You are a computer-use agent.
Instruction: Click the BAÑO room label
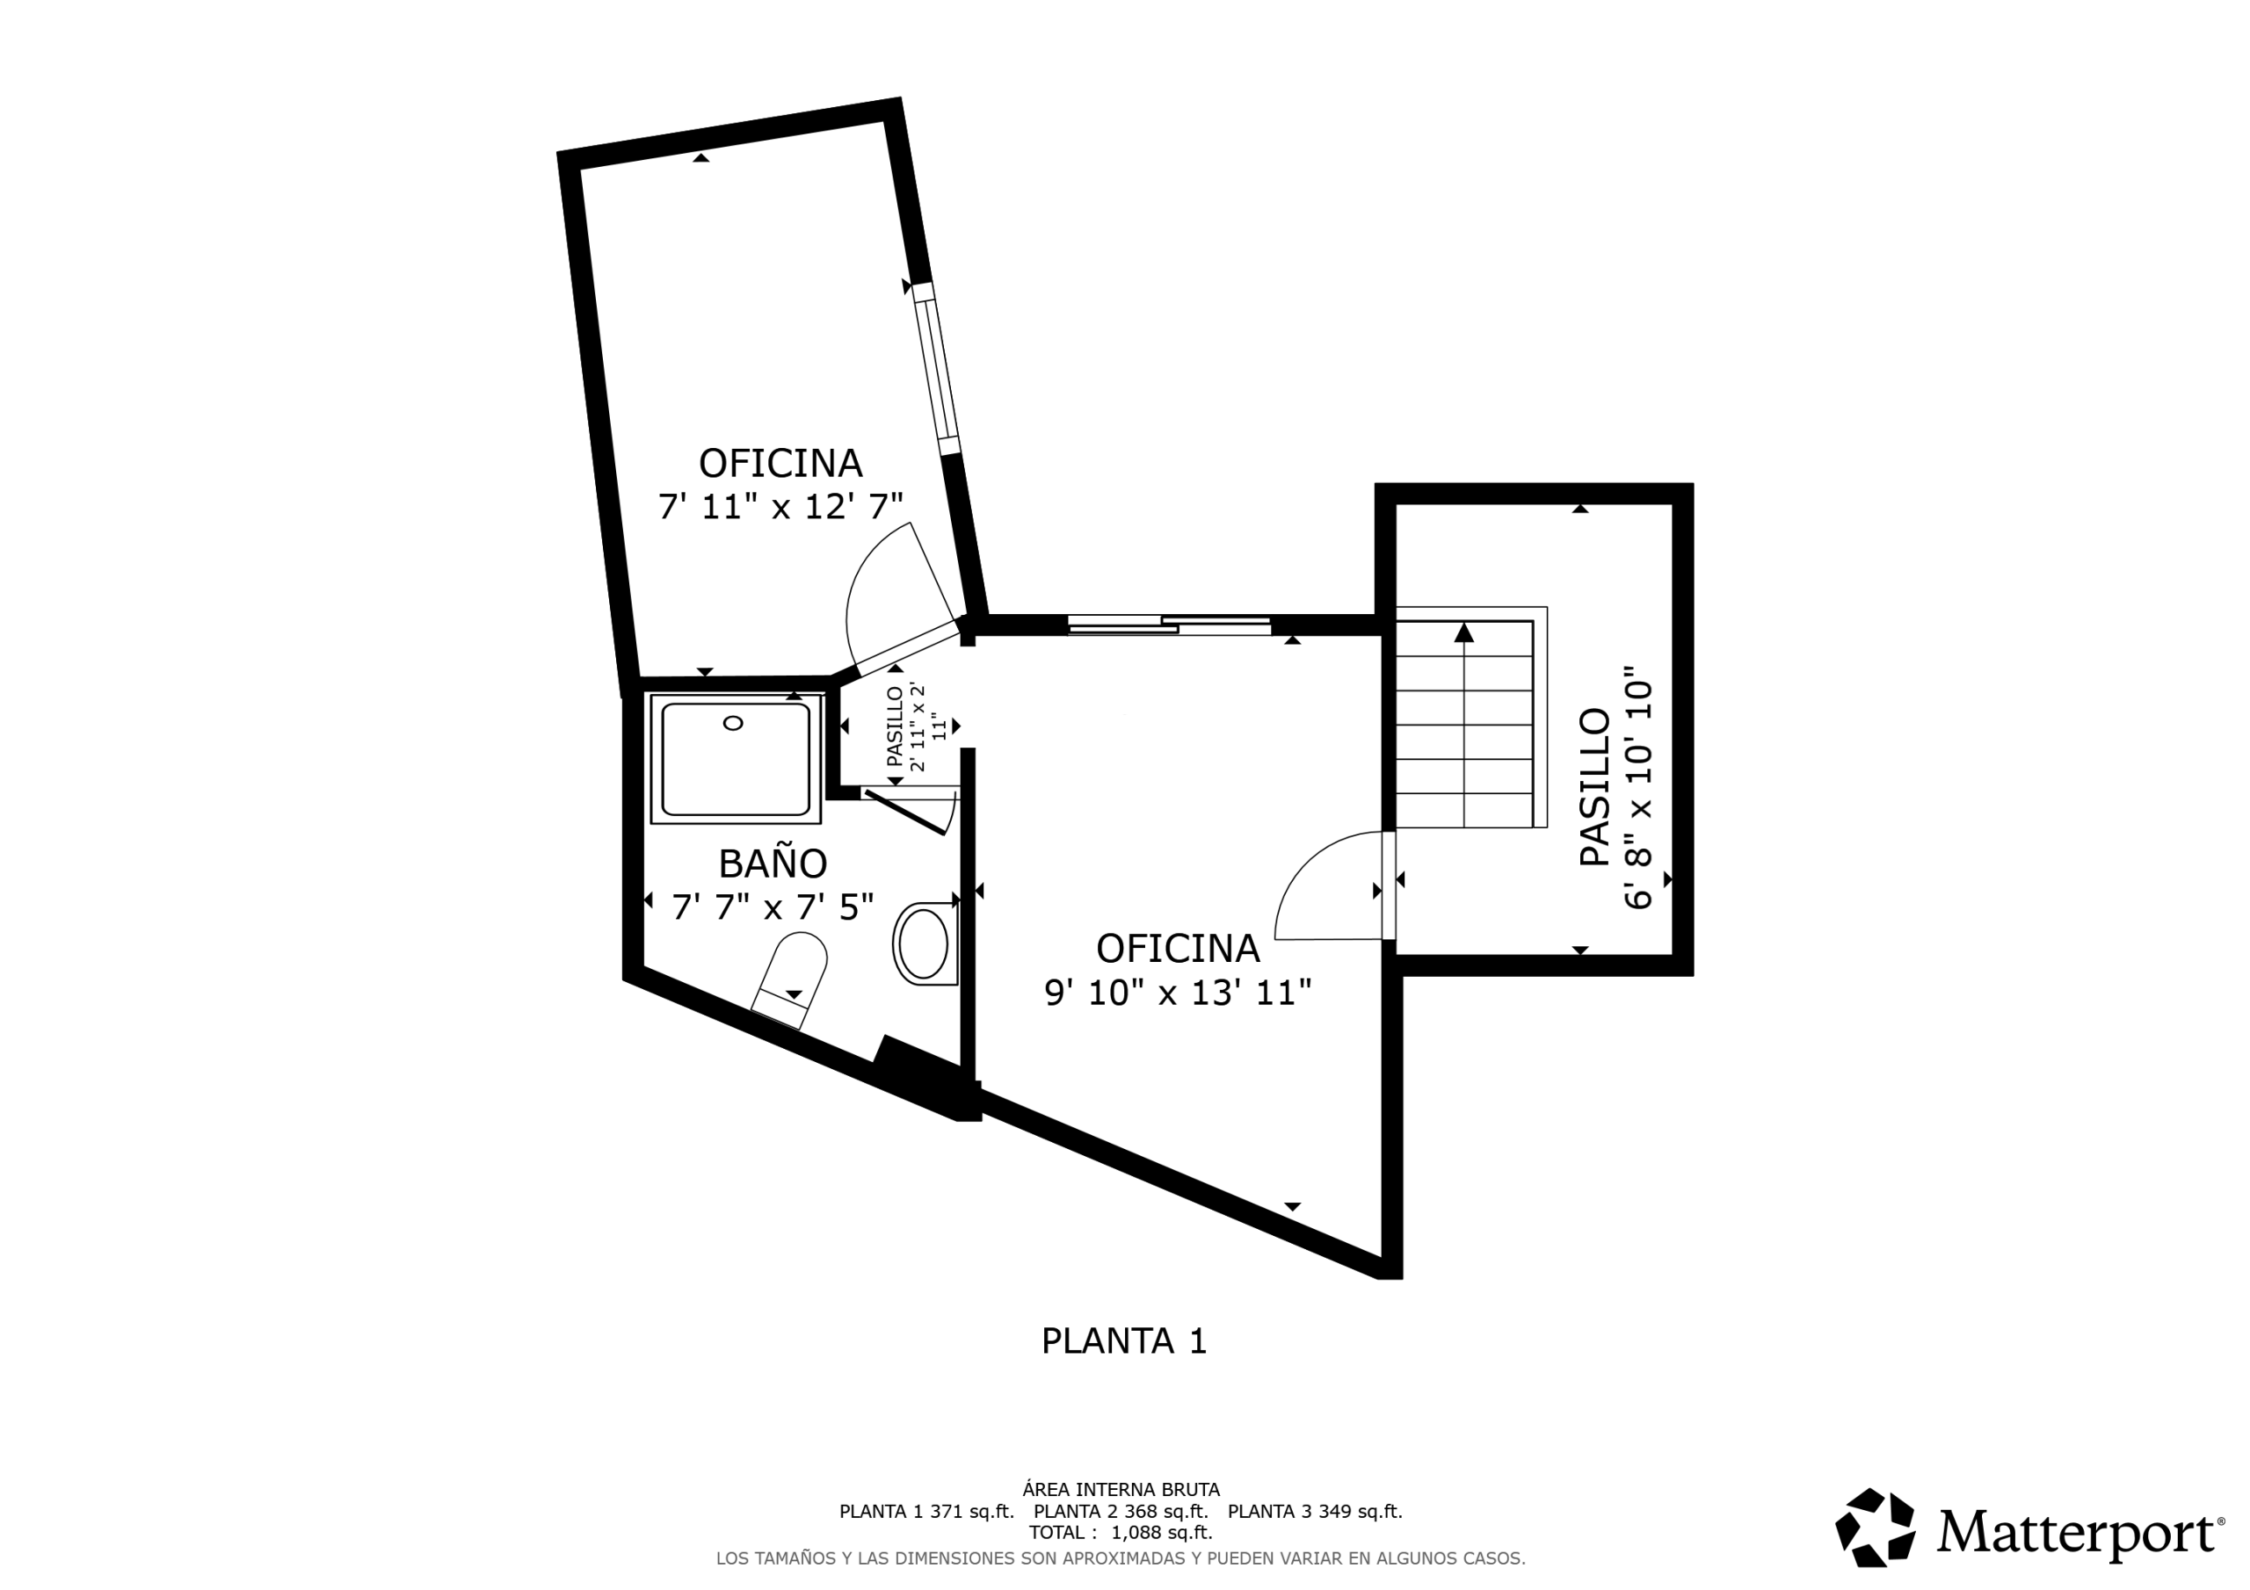click(x=773, y=864)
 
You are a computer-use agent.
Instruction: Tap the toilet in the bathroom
click(x=790, y=980)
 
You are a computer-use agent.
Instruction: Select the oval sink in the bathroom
click(x=924, y=943)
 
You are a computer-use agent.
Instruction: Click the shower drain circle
click(x=732, y=723)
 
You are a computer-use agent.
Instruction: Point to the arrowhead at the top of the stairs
click(x=1464, y=632)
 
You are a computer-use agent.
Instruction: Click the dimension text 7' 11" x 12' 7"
click(x=780, y=507)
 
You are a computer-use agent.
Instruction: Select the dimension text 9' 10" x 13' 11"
click(x=1178, y=994)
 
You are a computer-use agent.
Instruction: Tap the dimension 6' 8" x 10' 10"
click(x=1637, y=789)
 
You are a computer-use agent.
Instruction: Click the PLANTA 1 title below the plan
click(x=1124, y=1341)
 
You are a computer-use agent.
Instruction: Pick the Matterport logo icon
click(x=1875, y=1528)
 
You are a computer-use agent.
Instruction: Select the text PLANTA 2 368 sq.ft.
click(x=1121, y=1511)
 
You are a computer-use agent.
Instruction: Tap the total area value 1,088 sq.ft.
click(x=1161, y=1532)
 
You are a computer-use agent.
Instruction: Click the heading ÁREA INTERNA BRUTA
click(x=1121, y=1490)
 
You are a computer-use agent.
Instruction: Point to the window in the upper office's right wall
click(x=936, y=369)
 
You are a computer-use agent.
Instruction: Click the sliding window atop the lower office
click(x=1169, y=624)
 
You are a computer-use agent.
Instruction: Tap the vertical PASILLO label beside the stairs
click(x=1594, y=787)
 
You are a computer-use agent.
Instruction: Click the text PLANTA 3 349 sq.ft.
click(x=1315, y=1511)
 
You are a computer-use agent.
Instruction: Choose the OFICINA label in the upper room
click(x=780, y=462)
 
